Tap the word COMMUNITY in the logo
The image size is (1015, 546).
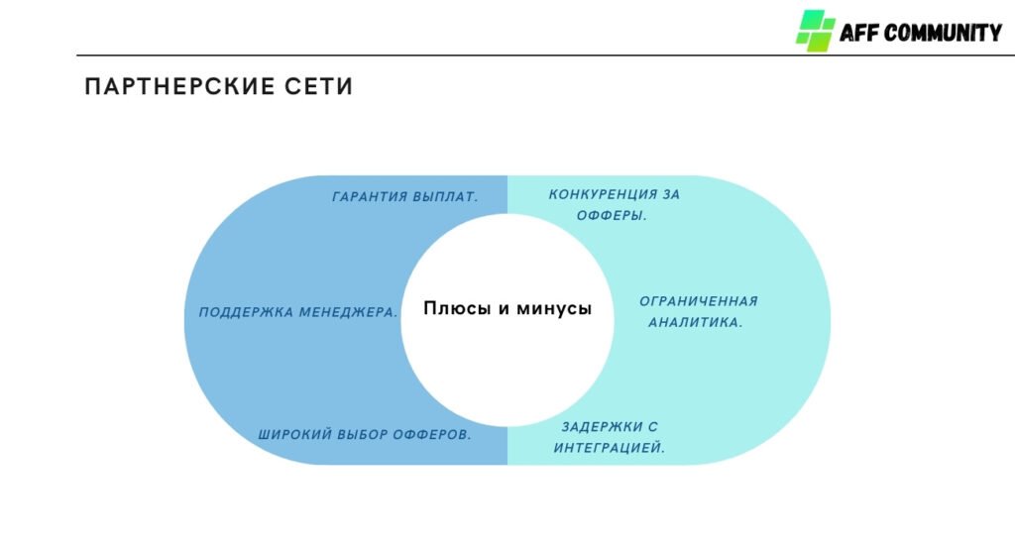(943, 33)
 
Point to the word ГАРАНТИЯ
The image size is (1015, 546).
(369, 197)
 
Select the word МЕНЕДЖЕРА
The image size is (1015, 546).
(349, 312)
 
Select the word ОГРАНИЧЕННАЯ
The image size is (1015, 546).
(698, 301)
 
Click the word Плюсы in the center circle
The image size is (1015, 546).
(457, 309)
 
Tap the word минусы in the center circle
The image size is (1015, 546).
(554, 309)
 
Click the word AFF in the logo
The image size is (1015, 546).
(857, 33)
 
